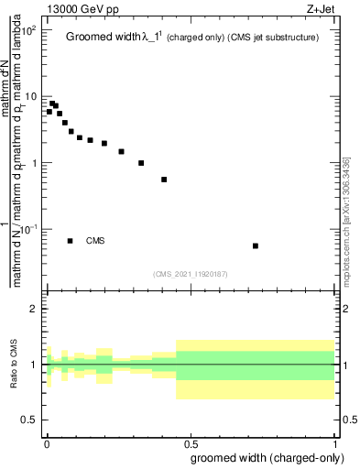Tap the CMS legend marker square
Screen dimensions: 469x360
tap(71, 241)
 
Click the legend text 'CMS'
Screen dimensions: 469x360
tap(95, 241)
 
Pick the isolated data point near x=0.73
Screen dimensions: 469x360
tap(256, 245)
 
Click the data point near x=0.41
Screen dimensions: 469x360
tap(164, 180)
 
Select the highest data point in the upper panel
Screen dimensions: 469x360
tap(52, 104)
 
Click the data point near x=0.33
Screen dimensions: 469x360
tap(141, 163)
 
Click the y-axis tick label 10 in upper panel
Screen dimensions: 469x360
tap(29, 97)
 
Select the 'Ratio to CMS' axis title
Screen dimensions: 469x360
tap(13, 365)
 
